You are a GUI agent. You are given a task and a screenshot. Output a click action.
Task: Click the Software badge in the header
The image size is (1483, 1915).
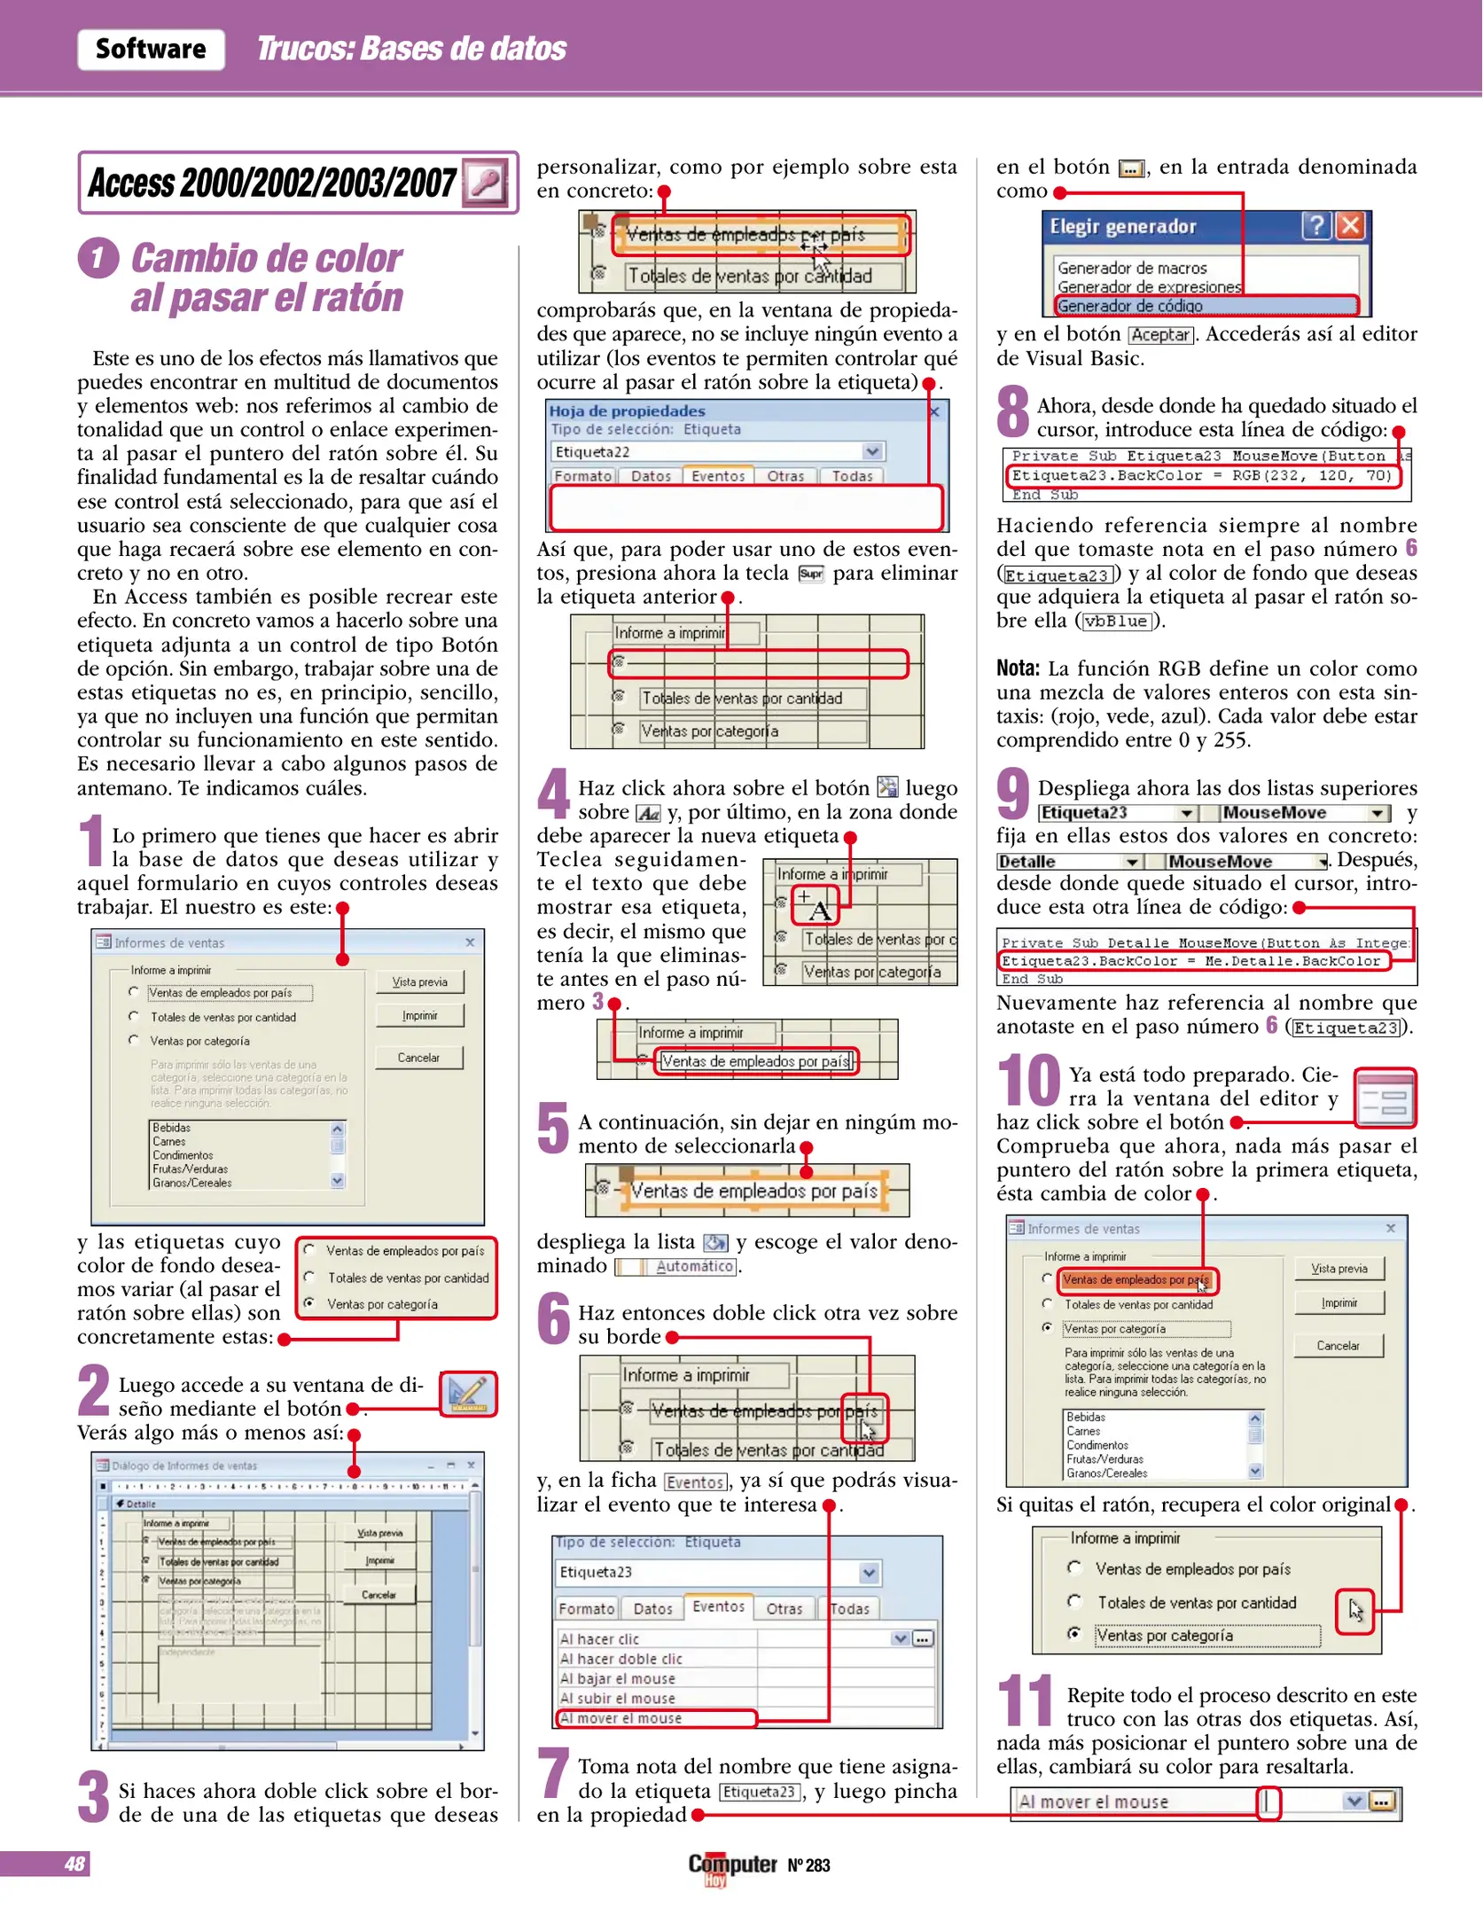coord(151,49)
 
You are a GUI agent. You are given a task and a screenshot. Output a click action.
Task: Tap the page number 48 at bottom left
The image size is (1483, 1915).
coord(74,1864)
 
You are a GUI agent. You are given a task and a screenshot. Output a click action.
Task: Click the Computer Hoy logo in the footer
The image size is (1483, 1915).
coord(732,1865)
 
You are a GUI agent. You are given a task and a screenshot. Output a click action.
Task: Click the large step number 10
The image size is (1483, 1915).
coord(1028,1082)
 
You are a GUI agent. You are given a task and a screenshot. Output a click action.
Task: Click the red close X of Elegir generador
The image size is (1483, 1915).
coord(1350,226)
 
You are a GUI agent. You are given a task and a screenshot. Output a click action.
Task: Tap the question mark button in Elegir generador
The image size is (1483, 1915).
coord(1316,226)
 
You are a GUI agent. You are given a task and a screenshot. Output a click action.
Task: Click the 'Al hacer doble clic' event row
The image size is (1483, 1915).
coord(656,1659)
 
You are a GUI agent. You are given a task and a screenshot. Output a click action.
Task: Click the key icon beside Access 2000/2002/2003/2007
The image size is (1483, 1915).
coord(485,183)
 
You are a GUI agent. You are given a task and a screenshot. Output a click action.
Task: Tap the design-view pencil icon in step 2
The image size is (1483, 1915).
coord(468,1395)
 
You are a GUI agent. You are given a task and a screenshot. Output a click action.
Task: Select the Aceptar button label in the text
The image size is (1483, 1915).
coord(1160,335)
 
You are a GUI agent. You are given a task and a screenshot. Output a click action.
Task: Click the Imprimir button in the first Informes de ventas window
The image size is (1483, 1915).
coord(419,1016)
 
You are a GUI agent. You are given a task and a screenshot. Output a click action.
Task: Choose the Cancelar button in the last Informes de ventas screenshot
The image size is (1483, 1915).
coord(1338,1346)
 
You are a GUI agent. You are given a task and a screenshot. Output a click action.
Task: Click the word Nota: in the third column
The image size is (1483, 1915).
coord(1017,668)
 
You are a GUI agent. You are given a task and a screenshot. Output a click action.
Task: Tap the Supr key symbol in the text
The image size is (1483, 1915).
coord(810,574)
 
